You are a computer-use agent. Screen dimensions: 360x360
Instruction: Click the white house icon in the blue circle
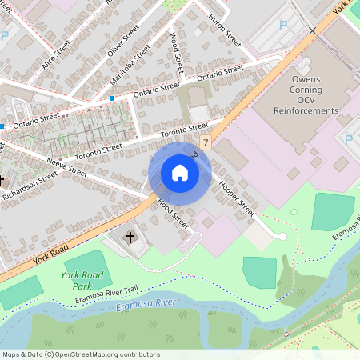[x=180, y=172]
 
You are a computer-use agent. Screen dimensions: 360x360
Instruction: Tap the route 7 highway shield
[x=206, y=142]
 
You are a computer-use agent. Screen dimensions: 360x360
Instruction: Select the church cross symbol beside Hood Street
[x=131, y=237]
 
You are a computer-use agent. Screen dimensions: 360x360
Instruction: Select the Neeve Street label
[x=66, y=167]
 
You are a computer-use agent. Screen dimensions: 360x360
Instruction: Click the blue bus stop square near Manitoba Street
[x=112, y=98]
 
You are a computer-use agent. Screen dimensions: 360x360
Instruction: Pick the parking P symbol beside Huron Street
[x=282, y=26]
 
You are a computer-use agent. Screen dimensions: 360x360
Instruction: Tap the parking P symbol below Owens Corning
[x=349, y=139]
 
